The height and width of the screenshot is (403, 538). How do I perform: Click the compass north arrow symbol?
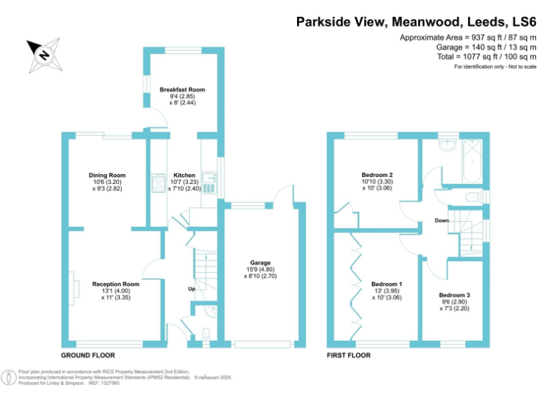[x=43, y=54]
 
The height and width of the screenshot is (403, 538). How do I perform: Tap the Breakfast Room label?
[x=181, y=90]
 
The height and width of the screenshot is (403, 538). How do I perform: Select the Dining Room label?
[x=106, y=175]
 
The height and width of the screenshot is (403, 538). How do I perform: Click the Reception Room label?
[x=116, y=284]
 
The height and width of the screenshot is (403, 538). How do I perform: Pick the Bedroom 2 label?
[x=376, y=175]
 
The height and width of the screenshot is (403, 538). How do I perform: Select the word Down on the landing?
[x=441, y=220]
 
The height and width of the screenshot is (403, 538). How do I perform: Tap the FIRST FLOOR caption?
[x=348, y=355]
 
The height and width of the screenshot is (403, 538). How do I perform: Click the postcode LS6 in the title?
[x=521, y=22]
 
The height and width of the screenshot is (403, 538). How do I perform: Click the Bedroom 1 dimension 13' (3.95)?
[x=387, y=291]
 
